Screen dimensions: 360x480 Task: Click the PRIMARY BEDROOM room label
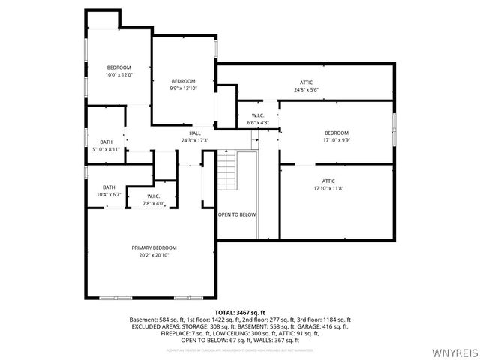[x=154, y=247]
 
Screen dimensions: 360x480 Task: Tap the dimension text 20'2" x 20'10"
[x=154, y=255]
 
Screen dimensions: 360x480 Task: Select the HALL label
[x=194, y=133]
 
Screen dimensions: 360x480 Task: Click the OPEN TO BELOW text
[x=237, y=214]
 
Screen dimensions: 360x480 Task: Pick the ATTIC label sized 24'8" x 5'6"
[x=306, y=82]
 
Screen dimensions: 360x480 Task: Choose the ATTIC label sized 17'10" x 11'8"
[x=328, y=181]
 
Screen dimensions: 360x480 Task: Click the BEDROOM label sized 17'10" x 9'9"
[x=336, y=133]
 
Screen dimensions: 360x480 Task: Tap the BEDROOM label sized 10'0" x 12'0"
[x=118, y=67]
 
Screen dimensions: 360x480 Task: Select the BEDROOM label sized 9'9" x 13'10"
[x=183, y=81]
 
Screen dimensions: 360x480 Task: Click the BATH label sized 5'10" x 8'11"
[x=106, y=142]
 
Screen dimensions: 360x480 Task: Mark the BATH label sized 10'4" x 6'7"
[x=109, y=187]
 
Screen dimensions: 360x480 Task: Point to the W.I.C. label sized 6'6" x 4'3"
[x=258, y=115]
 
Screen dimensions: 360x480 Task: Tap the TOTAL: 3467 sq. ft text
[x=240, y=311]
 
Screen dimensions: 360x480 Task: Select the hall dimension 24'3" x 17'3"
[x=194, y=140]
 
